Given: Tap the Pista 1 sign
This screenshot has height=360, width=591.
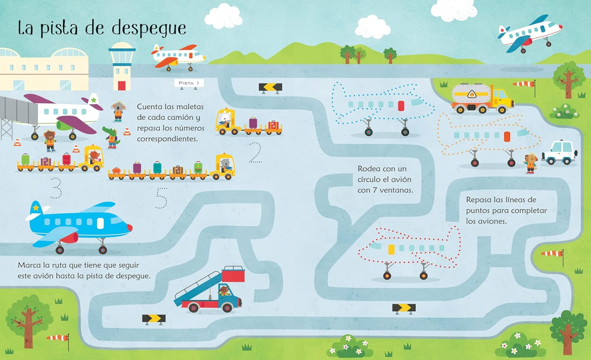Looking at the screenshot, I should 189,83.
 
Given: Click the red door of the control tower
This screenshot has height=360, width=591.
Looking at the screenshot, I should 122,86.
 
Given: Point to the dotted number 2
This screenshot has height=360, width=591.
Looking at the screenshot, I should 255,152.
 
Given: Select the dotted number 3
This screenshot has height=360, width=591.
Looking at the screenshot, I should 56,188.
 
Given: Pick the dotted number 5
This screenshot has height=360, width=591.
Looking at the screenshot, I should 162,198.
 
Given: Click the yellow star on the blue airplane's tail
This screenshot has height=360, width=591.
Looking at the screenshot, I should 36,207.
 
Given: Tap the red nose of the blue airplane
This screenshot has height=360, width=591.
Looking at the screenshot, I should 129,228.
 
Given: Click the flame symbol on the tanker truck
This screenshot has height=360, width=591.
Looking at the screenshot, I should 472,94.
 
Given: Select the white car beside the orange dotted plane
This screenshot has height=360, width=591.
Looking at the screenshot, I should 560,152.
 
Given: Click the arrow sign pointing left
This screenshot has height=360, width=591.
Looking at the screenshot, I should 270,88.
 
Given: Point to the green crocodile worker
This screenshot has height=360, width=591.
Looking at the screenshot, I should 111,137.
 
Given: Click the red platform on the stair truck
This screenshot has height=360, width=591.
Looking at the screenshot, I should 233,275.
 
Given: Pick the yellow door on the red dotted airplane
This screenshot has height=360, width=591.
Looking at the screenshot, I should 392,249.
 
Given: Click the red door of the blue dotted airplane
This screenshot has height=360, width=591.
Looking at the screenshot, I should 401,106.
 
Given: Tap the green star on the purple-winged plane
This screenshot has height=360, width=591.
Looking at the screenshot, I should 94,100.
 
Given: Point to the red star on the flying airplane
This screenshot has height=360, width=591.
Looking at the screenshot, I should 503,30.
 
